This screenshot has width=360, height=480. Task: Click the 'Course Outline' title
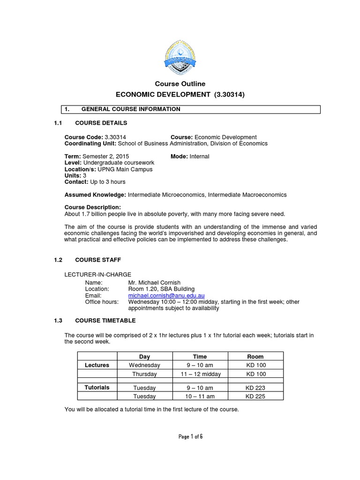tap(180, 84)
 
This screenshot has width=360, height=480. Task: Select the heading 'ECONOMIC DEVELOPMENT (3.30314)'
tap(180, 95)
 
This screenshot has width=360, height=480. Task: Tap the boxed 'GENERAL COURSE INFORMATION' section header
tap(130, 109)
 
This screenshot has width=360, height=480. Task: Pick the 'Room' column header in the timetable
tap(255, 357)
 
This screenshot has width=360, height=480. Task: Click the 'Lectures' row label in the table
tap(97, 365)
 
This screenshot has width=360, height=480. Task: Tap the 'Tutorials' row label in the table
tap(97, 388)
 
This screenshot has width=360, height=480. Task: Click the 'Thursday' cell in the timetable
tap(144, 374)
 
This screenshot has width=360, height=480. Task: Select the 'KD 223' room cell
tap(255, 388)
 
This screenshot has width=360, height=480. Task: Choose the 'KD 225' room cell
tap(255, 397)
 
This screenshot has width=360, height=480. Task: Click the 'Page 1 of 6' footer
tap(190, 437)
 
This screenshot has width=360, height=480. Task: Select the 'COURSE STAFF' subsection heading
tap(101, 259)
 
